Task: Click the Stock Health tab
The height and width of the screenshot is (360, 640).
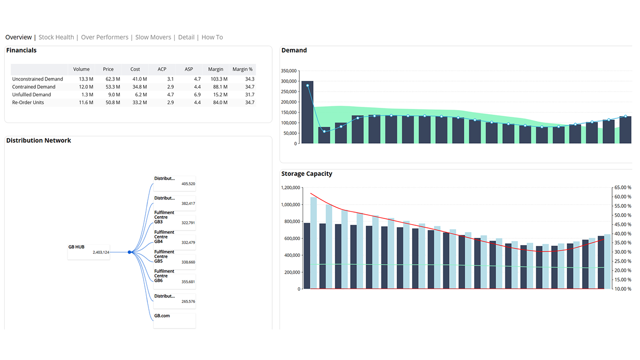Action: [x=56, y=37]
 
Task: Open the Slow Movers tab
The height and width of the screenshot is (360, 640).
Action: [x=153, y=37]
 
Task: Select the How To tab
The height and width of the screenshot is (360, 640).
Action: [x=212, y=37]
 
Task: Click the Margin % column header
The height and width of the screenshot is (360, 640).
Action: [x=243, y=69]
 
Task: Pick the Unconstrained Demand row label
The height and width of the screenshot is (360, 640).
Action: [x=37, y=79]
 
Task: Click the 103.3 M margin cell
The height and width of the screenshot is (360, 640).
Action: [x=219, y=79]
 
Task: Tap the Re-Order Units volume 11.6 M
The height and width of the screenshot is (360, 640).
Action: [x=86, y=103]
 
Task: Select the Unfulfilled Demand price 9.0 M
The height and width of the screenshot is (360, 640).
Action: [x=114, y=95]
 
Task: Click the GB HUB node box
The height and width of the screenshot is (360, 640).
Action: [x=88, y=252]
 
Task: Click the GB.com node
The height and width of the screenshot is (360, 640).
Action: [x=174, y=320]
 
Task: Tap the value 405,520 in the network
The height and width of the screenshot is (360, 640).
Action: [x=188, y=184]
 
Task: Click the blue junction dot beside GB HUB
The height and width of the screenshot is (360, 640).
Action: [x=129, y=252]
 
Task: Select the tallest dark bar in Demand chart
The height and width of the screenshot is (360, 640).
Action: [x=307, y=112]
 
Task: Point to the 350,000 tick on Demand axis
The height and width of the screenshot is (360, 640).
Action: [x=289, y=71]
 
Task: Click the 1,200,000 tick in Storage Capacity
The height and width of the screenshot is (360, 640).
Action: [x=291, y=188]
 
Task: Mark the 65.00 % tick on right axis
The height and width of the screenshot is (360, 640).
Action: [x=623, y=187]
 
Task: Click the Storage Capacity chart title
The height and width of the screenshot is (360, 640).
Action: [x=307, y=174]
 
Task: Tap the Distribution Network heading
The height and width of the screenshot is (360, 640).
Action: [x=38, y=141]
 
